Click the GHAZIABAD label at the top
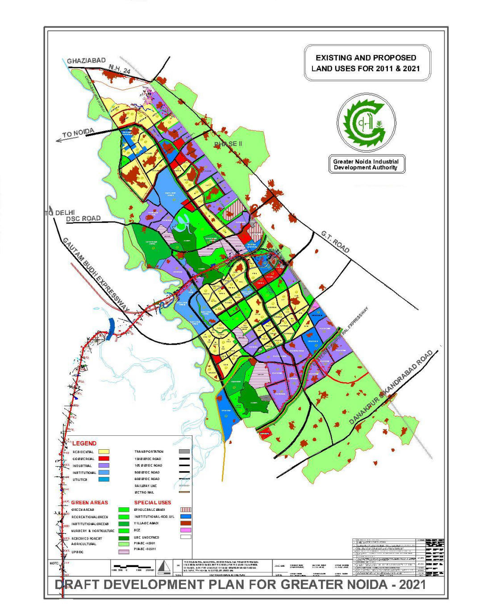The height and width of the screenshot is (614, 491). click(86, 61)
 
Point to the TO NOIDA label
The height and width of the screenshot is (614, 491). click(78, 133)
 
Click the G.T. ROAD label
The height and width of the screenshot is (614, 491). click(335, 242)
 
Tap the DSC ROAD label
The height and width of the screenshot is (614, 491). click(83, 219)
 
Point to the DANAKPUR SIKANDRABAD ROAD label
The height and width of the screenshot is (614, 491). click(391, 387)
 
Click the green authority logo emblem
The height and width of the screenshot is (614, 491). click(366, 122)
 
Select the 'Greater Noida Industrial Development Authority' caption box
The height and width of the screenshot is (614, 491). click(366, 164)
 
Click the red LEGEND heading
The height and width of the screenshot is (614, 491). click(84, 443)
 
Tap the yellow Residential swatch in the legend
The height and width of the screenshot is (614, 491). click(104, 452)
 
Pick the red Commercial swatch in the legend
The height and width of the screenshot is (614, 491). click(104, 459)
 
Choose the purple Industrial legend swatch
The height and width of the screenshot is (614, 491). click(104, 465)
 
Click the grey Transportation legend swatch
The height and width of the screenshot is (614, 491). click(184, 452)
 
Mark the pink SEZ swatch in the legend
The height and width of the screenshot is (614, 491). click(185, 530)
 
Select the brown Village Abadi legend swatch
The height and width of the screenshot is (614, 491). click(185, 523)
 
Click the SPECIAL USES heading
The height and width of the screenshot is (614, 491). click(153, 502)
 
